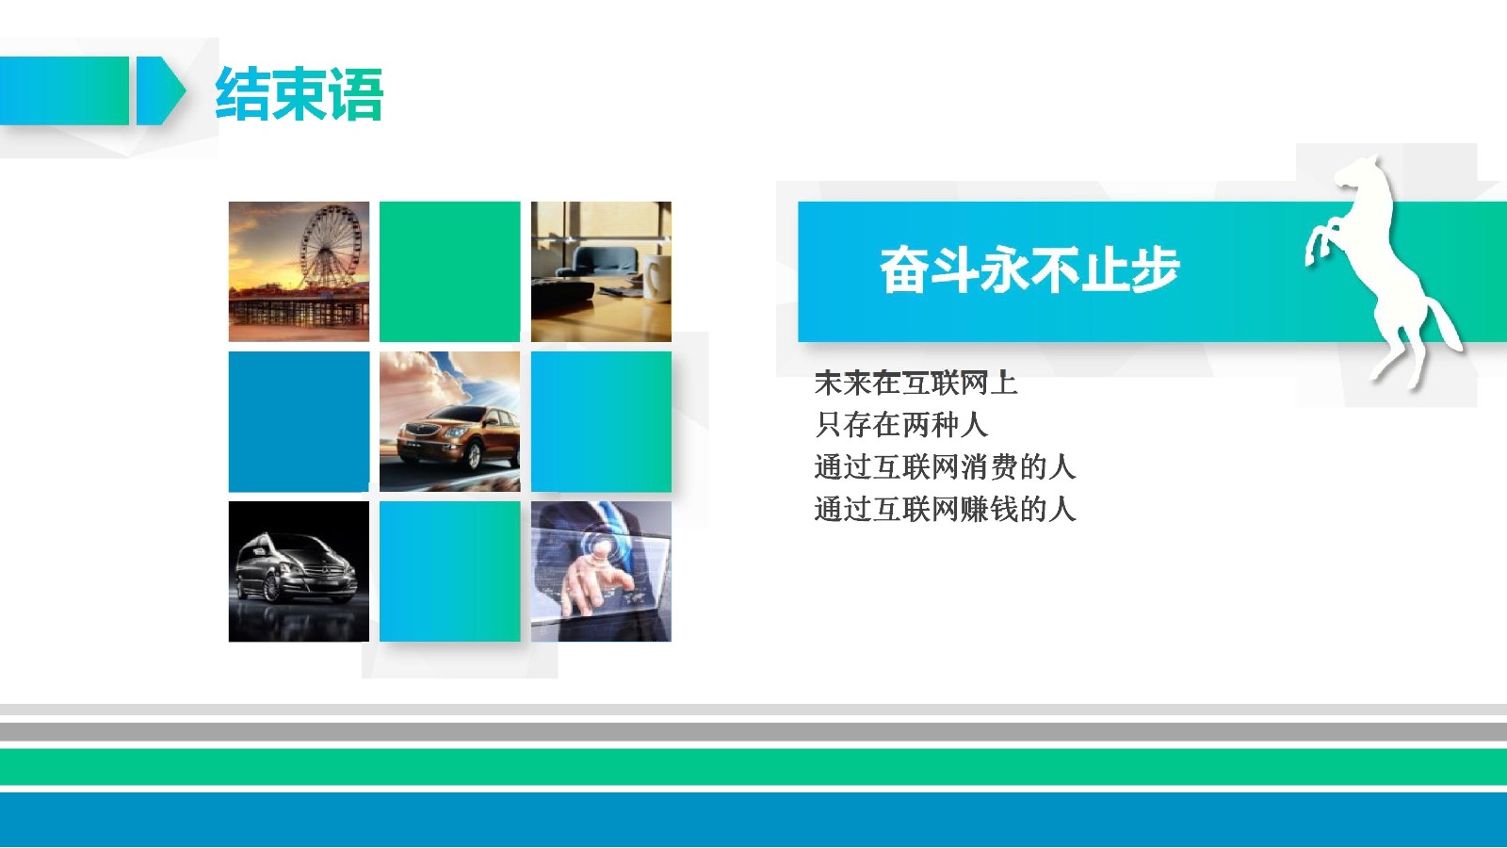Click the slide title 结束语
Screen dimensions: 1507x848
(x=300, y=93)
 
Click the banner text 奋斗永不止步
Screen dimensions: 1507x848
(x=1030, y=269)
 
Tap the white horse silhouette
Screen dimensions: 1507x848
(x=1379, y=269)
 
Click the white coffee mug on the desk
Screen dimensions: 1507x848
(x=656, y=277)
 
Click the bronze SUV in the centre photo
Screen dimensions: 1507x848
(x=459, y=436)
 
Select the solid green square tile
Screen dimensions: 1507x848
(x=449, y=271)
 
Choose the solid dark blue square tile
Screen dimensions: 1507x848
(x=299, y=421)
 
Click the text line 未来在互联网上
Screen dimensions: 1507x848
(x=915, y=383)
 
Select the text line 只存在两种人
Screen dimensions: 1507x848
(x=900, y=425)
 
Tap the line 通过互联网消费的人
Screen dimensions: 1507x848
(x=945, y=467)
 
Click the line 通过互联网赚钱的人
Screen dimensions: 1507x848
(x=945, y=509)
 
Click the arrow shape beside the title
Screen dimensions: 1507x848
(x=160, y=90)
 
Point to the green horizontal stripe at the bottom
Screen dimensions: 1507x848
(x=753, y=767)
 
